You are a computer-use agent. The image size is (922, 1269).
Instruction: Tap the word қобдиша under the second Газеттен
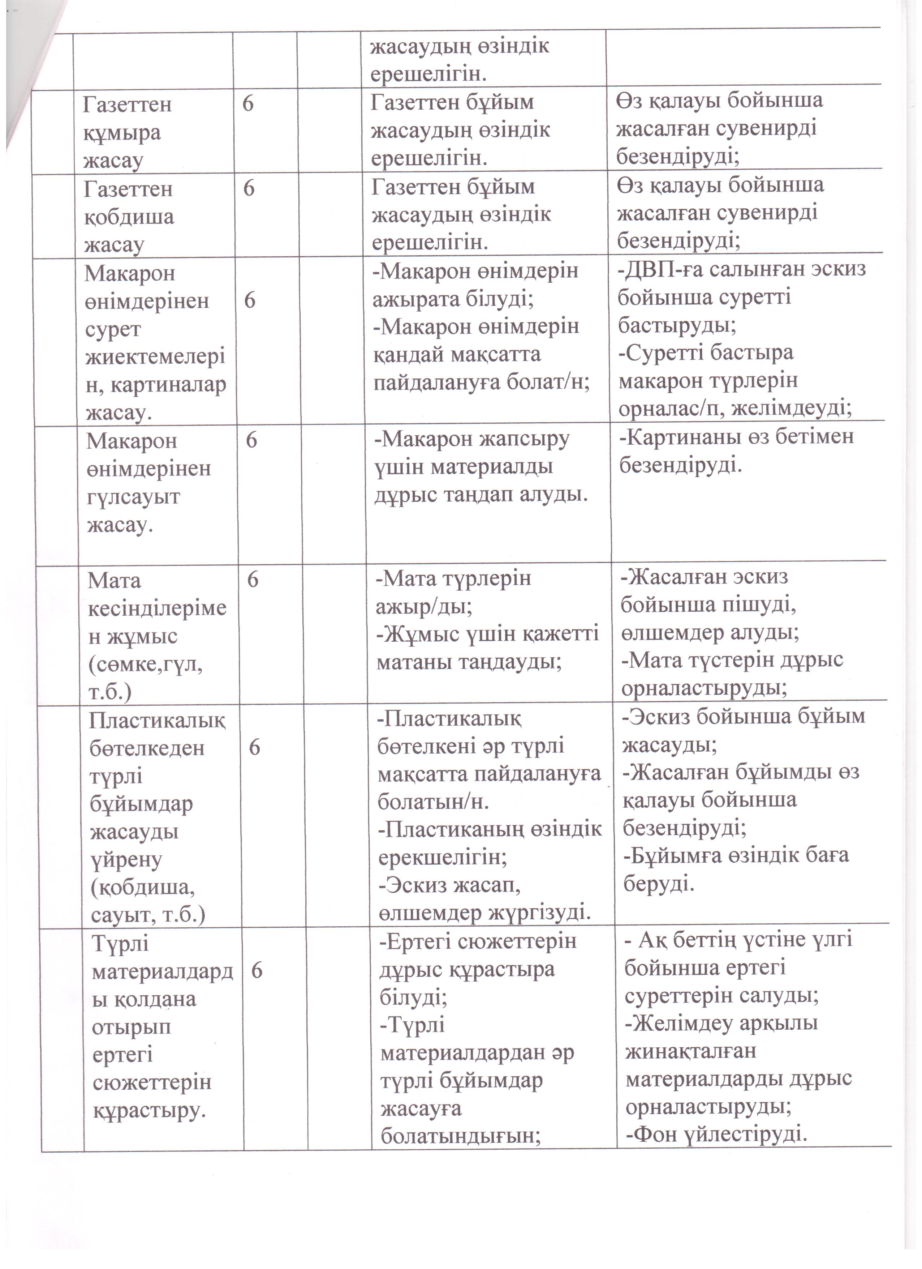tap(129, 217)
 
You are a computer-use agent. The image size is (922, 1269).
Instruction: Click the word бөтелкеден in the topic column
tap(147, 748)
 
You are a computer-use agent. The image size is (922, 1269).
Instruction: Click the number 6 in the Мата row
tap(253, 580)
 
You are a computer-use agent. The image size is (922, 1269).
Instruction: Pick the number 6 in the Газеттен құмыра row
tap(248, 104)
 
